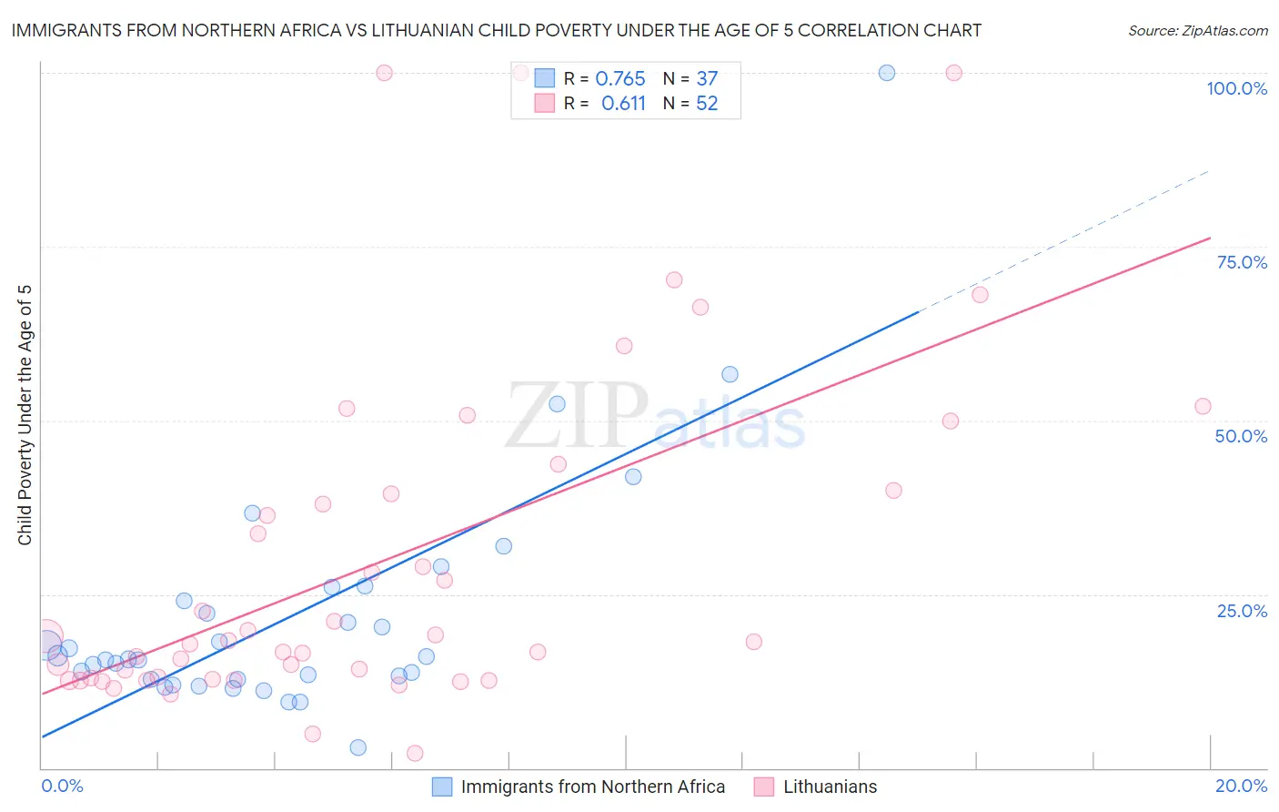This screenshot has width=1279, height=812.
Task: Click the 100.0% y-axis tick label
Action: click(x=1236, y=88)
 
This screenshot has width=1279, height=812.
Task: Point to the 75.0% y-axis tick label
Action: click(x=1242, y=262)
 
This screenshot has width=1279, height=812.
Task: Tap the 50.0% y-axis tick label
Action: click(x=1241, y=436)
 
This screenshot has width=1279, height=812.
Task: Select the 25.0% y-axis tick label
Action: click(x=1242, y=611)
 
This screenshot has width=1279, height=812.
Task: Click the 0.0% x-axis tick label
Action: click(x=62, y=786)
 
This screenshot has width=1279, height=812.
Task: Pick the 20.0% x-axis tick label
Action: click(x=1241, y=786)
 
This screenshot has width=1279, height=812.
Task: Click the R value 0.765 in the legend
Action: click(x=619, y=79)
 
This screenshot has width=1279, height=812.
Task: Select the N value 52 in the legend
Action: click(x=707, y=104)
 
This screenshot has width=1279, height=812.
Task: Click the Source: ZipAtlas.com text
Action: click(x=1197, y=31)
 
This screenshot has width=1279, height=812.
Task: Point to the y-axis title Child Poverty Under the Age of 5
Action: click(x=25, y=415)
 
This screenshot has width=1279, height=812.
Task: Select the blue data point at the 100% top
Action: click(x=887, y=73)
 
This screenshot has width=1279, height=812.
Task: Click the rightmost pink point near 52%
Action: click(x=1203, y=407)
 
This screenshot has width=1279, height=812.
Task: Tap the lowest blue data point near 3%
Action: click(x=358, y=747)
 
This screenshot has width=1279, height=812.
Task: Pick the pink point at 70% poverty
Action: click(x=674, y=280)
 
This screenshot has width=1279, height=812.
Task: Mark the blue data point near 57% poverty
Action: click(x=730, y=374)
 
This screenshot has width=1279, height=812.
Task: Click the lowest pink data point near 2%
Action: click(x=415, y=753)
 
